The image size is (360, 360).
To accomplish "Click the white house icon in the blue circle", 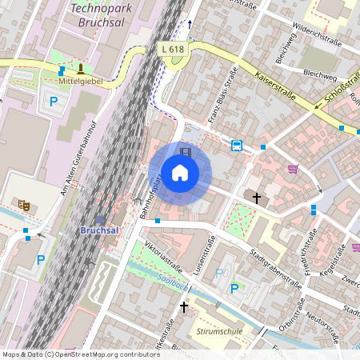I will (179, 173).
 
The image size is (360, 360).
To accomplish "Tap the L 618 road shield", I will (171, 48).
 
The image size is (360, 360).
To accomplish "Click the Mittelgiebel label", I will (80, 82).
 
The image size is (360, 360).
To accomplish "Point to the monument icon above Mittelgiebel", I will (80, 69).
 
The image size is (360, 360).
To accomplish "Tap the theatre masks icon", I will (24, 205).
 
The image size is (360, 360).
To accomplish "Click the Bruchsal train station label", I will (101, 230).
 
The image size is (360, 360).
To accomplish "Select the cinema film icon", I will (186, 152).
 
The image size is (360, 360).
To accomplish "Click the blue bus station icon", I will (237, 145).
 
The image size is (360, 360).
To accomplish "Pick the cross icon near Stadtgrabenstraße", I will (257, 197).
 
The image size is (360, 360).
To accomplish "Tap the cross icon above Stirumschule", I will (184, 306).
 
